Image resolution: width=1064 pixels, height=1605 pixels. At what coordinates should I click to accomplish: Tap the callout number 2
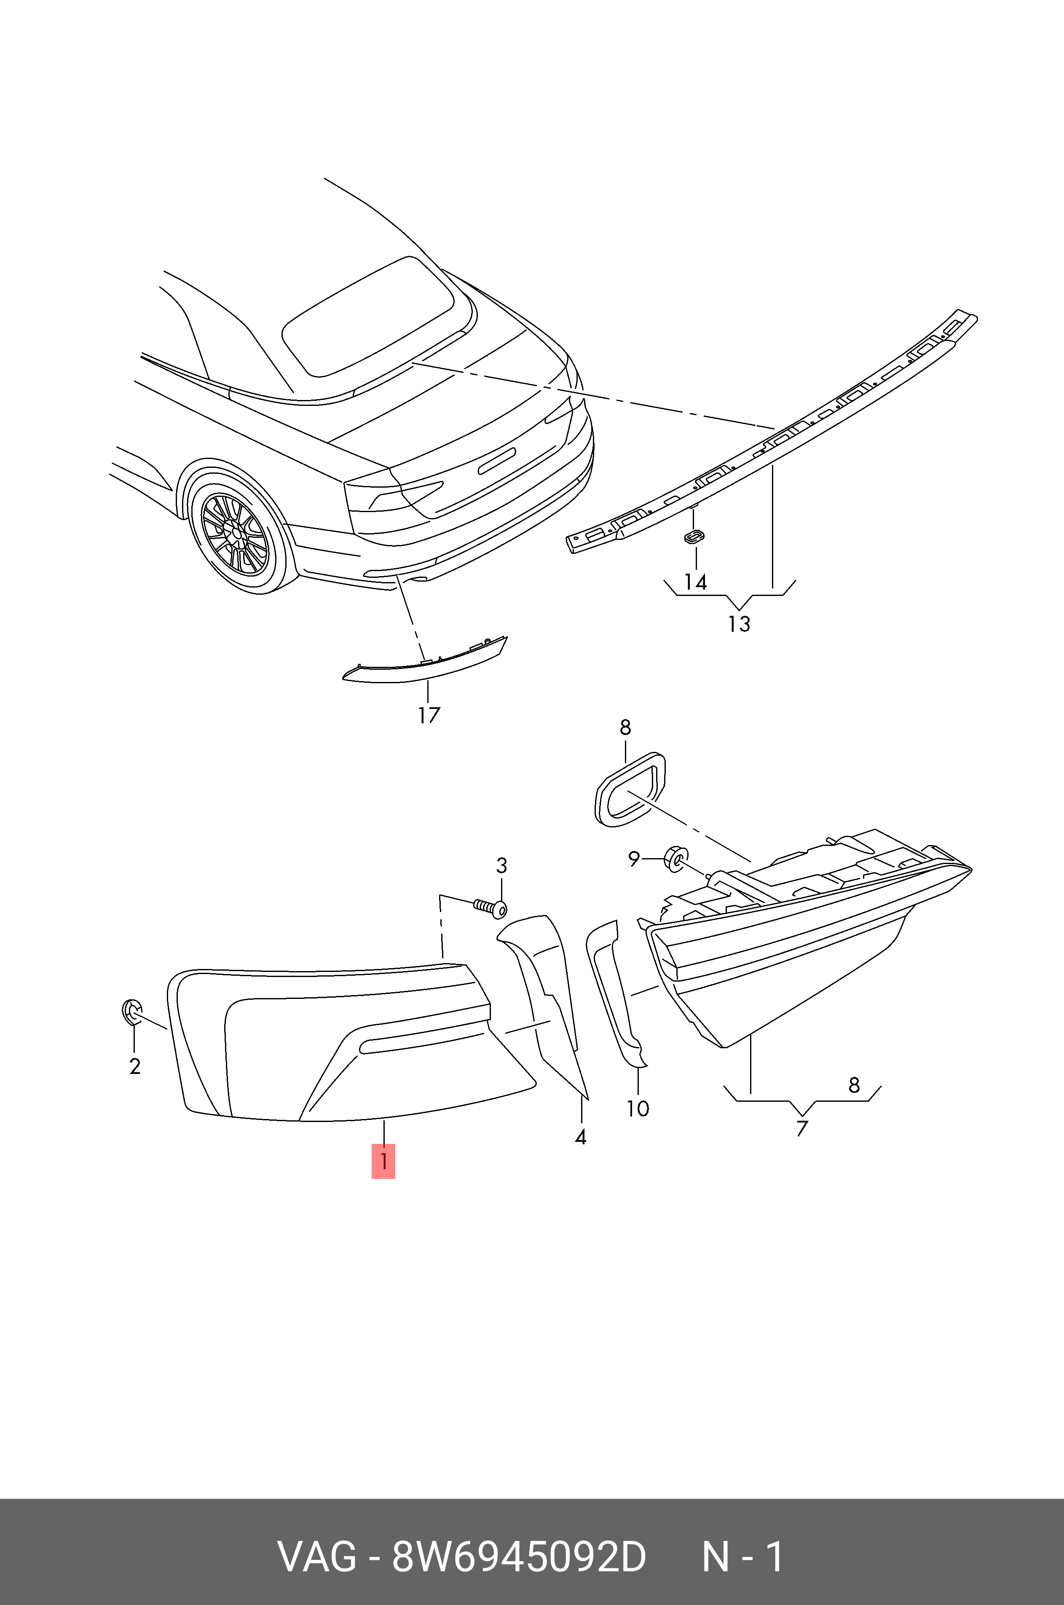coord(134,1066)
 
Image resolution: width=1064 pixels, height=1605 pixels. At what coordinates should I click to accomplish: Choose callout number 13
coord(739,624)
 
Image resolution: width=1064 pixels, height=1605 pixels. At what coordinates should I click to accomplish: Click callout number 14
coord(696,582)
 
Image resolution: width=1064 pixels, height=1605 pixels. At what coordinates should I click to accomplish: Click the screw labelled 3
coord(490,906)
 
